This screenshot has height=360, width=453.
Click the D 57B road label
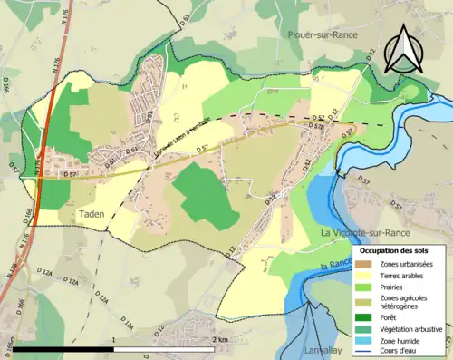pyautogui.click(x=317, y=127)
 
